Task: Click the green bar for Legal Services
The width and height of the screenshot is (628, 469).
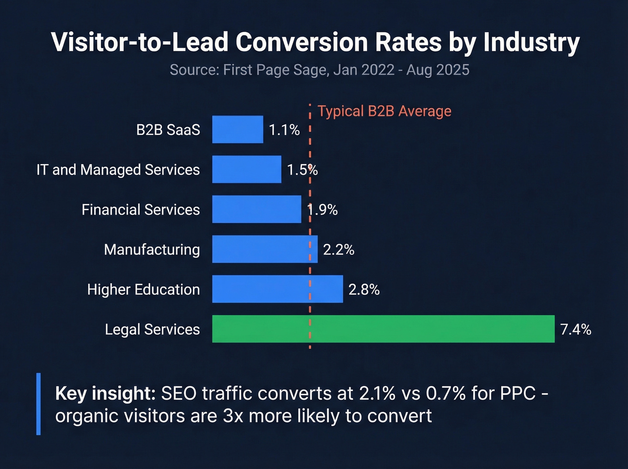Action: (x=383, y=329)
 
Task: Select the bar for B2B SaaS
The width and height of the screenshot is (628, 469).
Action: (x=237, y=130)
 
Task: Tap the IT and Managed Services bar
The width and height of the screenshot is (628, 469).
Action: (x=246, y=170)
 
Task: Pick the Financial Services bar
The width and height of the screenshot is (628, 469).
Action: (x=256, y=209)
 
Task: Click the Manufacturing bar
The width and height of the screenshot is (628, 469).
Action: (x=265, y=249)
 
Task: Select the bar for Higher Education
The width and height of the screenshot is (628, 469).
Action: (x=277, y=289)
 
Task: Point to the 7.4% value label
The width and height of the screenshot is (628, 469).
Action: (x=576, y=329)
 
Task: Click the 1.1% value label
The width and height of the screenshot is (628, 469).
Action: (x=284, y=130)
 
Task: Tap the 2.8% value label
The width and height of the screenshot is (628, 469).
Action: (x=364, y=289)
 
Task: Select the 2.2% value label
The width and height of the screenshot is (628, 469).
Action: (x=339, y=250)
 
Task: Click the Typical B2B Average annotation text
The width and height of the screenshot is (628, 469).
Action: (x=384, y=111)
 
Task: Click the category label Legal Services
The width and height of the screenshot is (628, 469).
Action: (x=152, y=329)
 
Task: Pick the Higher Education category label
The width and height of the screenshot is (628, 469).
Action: (x=143, y=289)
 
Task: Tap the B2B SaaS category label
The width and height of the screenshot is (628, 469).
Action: (x=168, y=130)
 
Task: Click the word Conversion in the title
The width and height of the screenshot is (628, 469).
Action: (x=302, y=42)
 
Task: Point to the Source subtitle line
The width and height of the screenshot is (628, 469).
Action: (x=319, y=70)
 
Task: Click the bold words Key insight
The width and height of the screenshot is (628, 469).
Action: (x=105, y=393)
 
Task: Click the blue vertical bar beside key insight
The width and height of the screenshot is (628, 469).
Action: (x=39, y=404)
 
